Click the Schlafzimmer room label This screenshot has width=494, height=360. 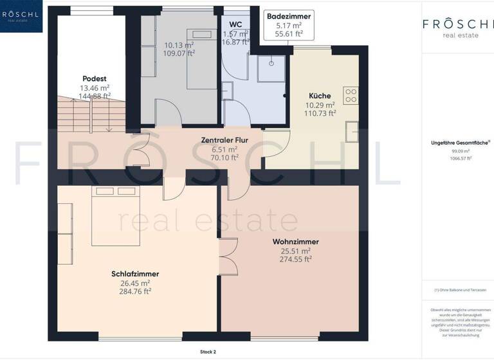click(135, 274)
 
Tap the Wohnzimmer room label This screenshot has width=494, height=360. click(295, 242)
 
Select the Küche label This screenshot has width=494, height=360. click(320, 96)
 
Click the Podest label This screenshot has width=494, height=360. click(94, 78)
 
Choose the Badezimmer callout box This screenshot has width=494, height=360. click(289, 25)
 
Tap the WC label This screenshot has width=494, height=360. click(235, 24)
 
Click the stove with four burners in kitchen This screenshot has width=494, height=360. click(351, 96)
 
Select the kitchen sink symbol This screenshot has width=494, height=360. click(352, 131)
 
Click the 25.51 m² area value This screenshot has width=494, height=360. click(296, 251)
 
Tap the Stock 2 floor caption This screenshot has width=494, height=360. click(208, 352)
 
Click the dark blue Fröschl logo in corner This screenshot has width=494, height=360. click(21, 16)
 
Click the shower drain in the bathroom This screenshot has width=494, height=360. click(271, 63)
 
